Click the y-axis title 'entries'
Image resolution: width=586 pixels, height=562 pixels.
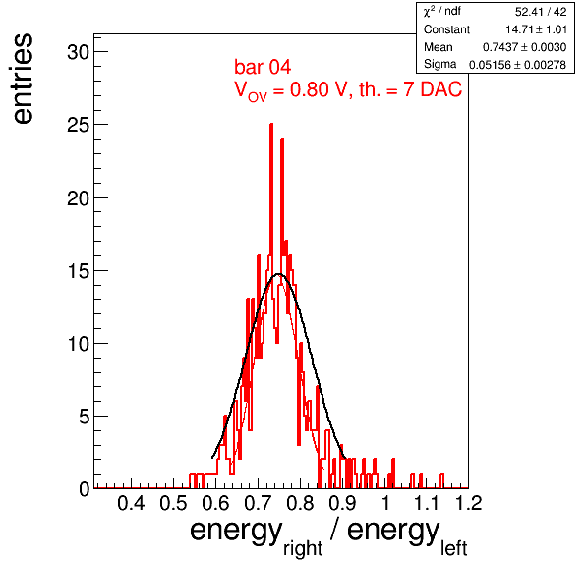coord(24,79)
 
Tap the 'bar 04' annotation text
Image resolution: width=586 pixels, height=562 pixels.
coord(263,67)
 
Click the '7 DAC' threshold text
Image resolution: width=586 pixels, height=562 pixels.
coord(433,89)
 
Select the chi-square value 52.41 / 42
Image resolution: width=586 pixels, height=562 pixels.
coord(541,12)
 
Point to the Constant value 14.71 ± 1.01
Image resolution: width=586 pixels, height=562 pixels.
coord(536,29)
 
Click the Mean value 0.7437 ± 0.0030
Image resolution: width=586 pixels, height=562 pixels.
coord(524,47)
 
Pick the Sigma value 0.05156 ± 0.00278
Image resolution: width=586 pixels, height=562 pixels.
coord(517,65)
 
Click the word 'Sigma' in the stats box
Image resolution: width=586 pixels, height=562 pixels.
coord(439,64)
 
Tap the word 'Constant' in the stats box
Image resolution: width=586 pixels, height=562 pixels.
coord(446,29)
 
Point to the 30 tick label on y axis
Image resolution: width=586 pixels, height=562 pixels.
coord(79,52)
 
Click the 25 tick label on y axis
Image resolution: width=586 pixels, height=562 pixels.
coord(79,125)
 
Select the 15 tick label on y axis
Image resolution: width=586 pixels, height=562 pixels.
coord(79,271)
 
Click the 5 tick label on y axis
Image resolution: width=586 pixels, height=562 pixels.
coord(85,417)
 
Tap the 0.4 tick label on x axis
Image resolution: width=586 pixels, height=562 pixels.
coord(131,503)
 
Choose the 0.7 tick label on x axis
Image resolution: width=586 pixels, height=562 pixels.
coord(258,503)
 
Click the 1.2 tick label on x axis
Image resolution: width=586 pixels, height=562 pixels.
coord(469,503)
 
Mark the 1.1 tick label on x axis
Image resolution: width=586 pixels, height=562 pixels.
coord(427,503)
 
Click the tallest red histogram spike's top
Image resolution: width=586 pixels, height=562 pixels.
coord(271,124)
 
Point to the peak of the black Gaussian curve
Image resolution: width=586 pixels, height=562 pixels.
coord(279,274)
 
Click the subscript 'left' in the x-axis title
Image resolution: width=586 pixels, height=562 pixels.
coord(454,549)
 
